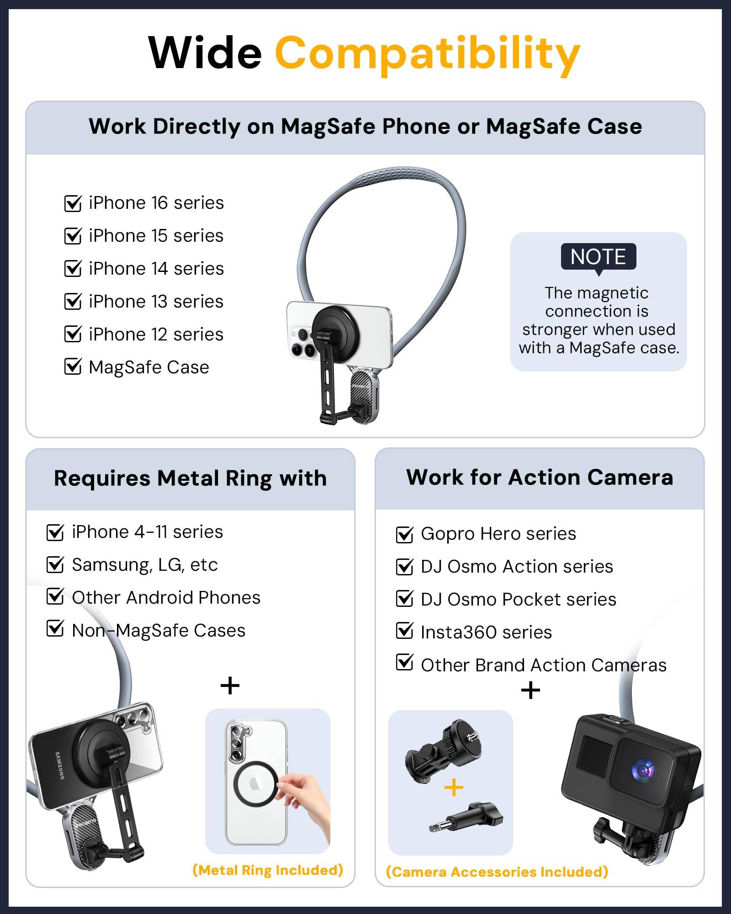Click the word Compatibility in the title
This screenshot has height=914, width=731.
427,54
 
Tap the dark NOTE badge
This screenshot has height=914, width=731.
598,257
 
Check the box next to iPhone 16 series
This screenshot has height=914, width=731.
73,203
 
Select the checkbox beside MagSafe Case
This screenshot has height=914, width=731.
73,367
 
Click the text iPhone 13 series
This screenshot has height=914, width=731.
156,302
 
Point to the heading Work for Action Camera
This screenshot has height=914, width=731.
540,478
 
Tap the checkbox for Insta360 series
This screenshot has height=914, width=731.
405,631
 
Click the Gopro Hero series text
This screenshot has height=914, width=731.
498,534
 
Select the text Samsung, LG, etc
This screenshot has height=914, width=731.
145,565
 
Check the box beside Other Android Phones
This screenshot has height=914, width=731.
55,596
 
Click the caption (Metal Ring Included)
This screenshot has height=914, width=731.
268,870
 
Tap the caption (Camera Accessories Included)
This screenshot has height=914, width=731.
497,872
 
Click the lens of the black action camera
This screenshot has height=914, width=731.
644,771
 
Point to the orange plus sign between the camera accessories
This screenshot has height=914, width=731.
454,788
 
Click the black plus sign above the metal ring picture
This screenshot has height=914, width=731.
230,685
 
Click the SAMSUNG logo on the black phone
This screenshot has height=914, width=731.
60,765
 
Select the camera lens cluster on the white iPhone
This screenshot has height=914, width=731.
302,341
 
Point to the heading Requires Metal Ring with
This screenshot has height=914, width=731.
190,478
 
